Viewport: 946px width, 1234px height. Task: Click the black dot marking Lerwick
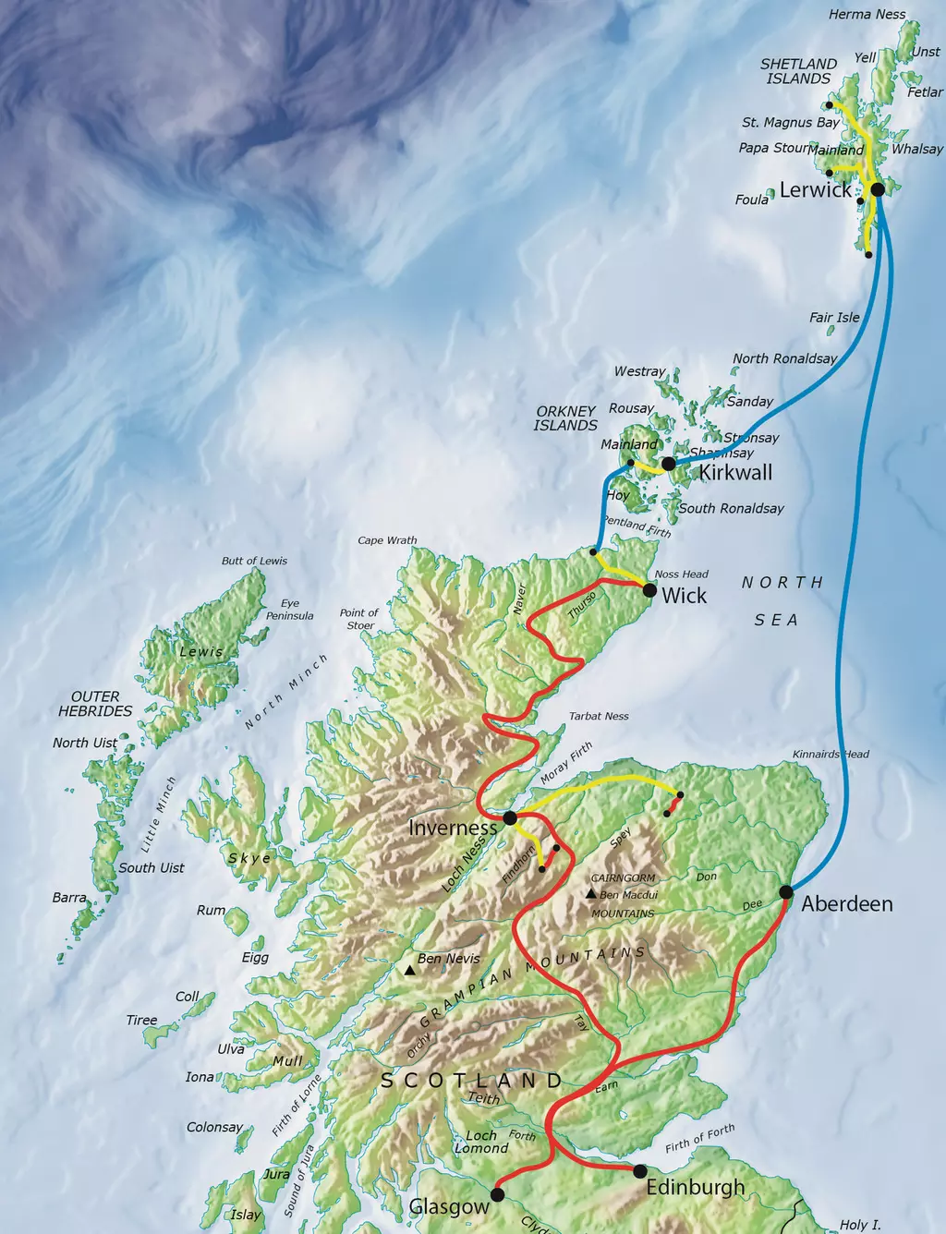[x=878, y=189]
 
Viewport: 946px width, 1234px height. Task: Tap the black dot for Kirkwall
[x=669, y=463]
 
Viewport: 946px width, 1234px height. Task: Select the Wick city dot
[x=649, y=590]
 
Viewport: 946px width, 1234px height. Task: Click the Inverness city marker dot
[x=510, y=818]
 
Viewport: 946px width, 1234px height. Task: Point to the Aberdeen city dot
[x=786, y=892]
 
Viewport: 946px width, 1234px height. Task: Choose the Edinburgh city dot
[x=640, y=1171]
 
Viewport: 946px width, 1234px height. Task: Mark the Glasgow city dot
[x=498, y=1195]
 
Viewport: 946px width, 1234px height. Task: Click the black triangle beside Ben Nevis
[x=409, y=970]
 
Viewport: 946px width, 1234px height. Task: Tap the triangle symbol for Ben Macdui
[x=590, y=894]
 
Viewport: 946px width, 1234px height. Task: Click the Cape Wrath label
[x=387, y=540]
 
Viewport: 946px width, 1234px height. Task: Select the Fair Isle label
[x=834, y=317]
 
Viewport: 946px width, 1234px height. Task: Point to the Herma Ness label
[x=867, y=15]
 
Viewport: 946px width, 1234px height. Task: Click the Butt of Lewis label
[x=254, y=561]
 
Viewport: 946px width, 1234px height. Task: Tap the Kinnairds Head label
[x=831, y=754]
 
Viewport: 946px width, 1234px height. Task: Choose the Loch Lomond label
[x=481, y=1142]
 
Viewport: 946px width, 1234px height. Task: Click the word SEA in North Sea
[x=776, y=620]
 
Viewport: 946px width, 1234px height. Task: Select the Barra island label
[x=69, y=898]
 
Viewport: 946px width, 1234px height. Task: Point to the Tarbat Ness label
[x=599, y=716]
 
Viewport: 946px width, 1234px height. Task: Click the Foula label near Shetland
[x=752, y=200]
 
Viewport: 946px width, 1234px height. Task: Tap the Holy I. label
[x=859, y=1225]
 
